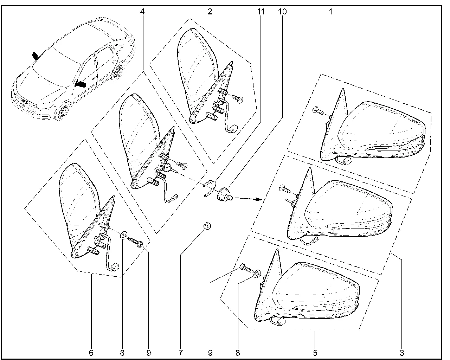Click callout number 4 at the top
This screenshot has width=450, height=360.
coord(142,12)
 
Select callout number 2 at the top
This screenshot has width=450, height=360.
coord(210,12)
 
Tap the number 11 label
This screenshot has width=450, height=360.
coord(261,12)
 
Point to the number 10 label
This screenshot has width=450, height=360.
coord(282,12)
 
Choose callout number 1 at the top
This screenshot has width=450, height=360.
coord(331,12)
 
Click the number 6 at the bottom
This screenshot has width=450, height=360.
coord(91,353)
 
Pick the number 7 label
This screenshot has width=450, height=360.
coord(180,353)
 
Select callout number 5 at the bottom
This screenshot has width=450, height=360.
coord(315,353)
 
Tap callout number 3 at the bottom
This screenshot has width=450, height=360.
coord(402,353)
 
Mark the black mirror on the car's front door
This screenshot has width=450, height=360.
coord(81,84)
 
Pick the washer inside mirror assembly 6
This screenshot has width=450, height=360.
coord(124,235)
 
